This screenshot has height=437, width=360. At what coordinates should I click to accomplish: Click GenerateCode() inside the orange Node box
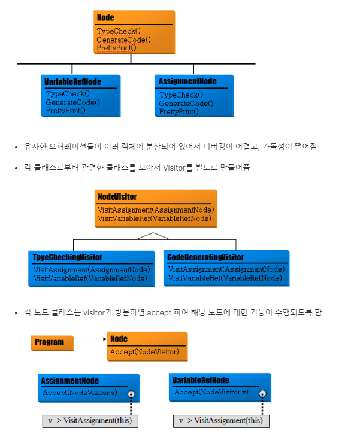coord(123,40)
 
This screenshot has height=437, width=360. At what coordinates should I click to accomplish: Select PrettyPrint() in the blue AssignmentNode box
coord(179,111)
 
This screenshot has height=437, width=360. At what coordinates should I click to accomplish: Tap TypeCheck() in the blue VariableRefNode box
coord(68,93)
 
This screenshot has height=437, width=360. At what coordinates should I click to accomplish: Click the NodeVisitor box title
coord(117,197)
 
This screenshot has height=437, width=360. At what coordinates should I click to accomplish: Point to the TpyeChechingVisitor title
coord(67,257)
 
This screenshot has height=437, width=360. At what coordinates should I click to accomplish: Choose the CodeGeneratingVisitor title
coord(205,257)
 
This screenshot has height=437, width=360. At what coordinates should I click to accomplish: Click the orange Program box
coord(52,342)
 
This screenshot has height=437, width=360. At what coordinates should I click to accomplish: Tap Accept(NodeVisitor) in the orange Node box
coord(144,352)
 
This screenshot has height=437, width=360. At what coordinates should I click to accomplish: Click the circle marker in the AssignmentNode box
coord(131,394)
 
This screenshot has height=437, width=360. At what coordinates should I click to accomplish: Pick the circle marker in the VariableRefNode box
coord(262,394)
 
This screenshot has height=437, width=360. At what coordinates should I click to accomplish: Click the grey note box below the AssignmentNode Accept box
coord(90,420)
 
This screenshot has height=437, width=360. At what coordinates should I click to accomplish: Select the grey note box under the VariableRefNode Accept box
coord(221,420)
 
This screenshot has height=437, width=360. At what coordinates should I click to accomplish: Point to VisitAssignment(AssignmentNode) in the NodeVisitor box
coord(156,210)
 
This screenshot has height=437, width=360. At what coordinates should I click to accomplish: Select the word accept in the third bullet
coord(158,312)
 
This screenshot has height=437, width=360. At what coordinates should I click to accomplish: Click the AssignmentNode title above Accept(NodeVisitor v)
coord(70,381)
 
